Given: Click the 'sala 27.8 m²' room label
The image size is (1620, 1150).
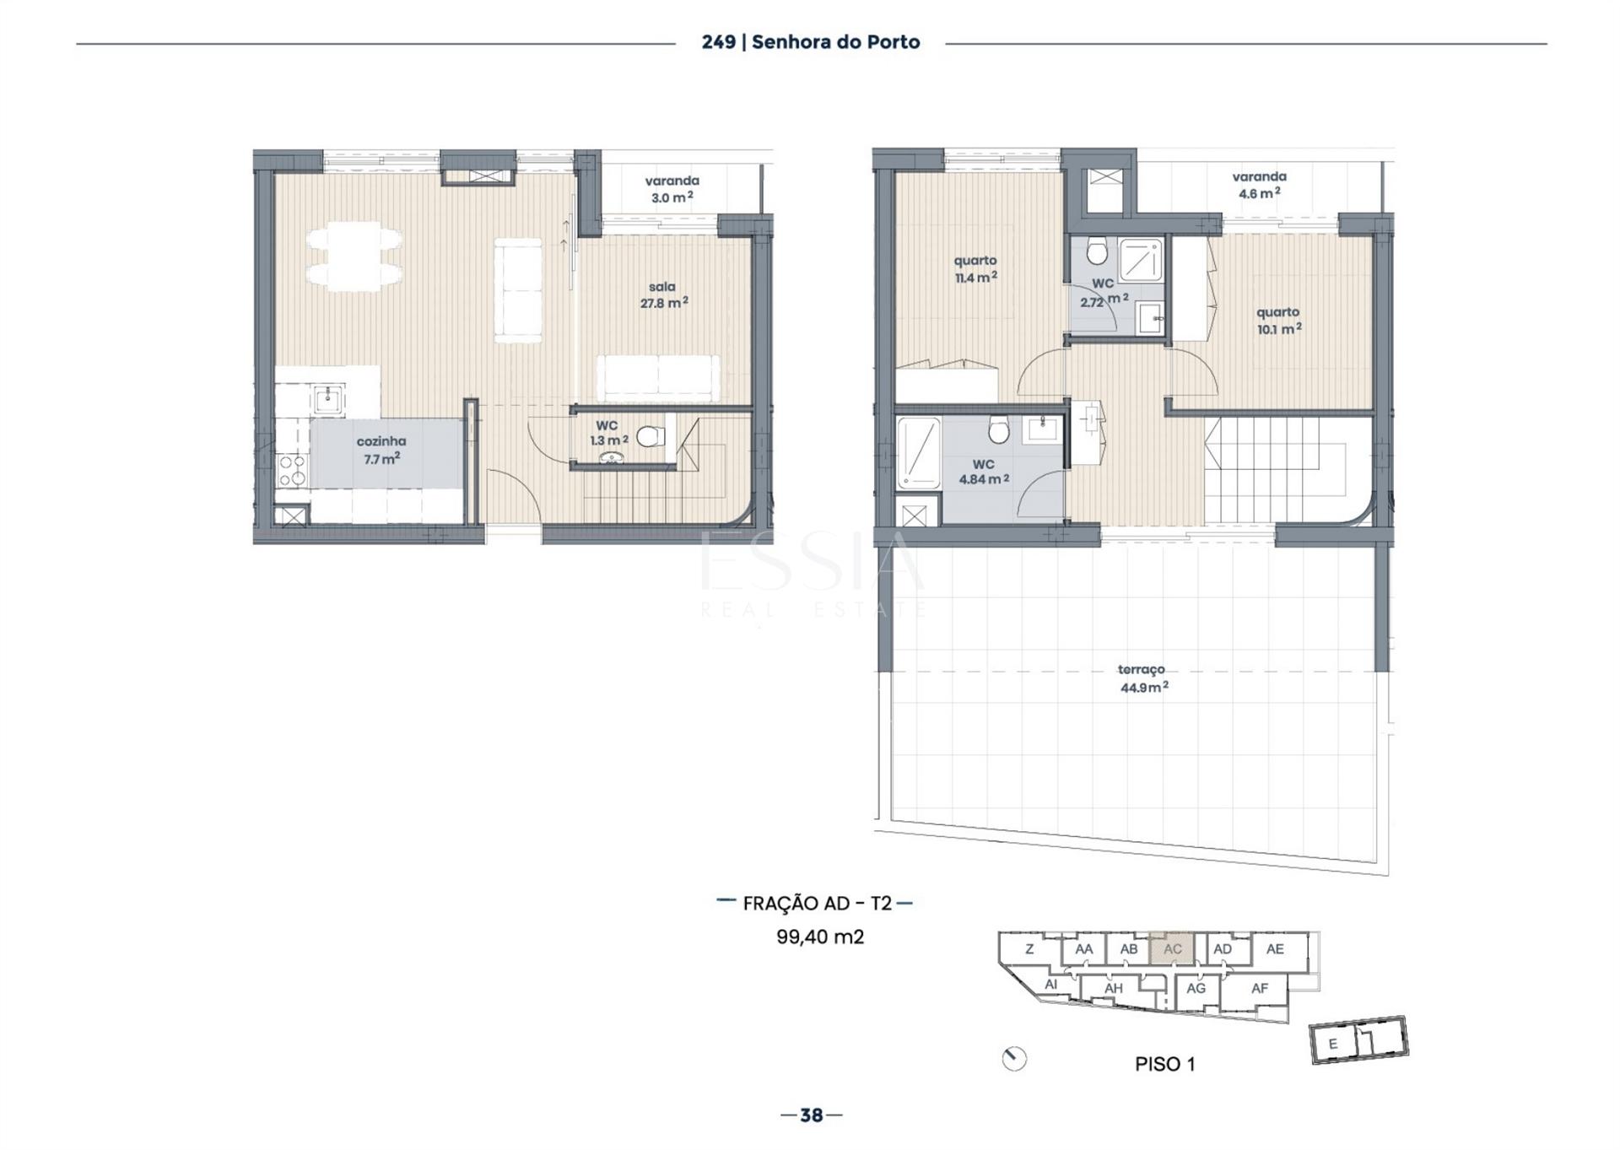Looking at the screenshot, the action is tap(663, 295).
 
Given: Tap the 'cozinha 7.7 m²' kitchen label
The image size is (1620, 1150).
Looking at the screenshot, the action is tap(381, 450).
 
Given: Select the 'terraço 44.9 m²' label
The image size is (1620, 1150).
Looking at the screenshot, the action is tap(1143, 678).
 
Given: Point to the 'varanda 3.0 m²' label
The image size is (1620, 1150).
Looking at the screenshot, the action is tap(672, 189).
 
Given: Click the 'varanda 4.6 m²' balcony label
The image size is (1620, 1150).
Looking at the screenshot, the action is tap(1259, 185).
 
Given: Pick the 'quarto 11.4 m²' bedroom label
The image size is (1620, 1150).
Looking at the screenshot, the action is tap(975, 269).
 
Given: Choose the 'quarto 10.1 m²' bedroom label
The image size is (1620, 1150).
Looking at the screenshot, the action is tap(1278, 321).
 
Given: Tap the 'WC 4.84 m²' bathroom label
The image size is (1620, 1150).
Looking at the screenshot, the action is tap(984, 472).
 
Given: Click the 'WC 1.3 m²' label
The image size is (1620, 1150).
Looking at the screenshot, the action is tap(608, 433).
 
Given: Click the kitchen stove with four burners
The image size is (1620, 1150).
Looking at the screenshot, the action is tap(292, 470).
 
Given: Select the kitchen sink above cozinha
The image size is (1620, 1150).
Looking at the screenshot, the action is tap(327, 399).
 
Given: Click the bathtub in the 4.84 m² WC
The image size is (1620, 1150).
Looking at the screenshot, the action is tap(919, 453).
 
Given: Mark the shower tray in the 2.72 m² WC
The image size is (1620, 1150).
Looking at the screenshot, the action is tap(1142, 258).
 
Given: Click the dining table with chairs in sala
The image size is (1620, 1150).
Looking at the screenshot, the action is tap(354, 256).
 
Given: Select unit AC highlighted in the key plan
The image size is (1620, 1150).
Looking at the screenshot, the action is tap(1172, 948).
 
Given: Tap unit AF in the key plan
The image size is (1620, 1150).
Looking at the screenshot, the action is tap(1259, 988).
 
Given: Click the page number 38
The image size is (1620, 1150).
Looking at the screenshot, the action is tap(811, 1115).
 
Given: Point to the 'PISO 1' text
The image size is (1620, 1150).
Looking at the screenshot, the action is tap(1164, 1064).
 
